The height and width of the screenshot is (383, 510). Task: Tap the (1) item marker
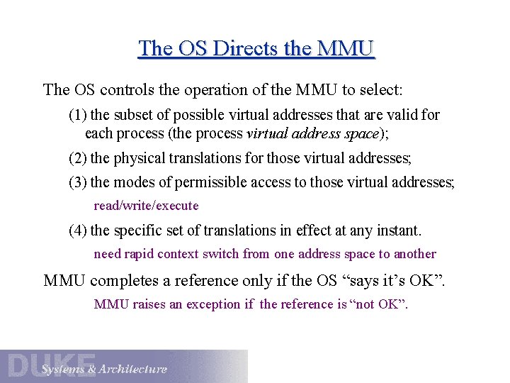tap(78, 115)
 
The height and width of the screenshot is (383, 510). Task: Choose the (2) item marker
tap(78, 158)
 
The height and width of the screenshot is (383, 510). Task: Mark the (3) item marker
tap(78, 182)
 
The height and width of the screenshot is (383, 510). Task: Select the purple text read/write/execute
tap(147, 206)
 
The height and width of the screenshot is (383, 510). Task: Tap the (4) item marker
tap(78, 231)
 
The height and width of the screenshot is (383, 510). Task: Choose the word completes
tap(125, 280)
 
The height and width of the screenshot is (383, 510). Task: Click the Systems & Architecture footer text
tap(104, 370)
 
